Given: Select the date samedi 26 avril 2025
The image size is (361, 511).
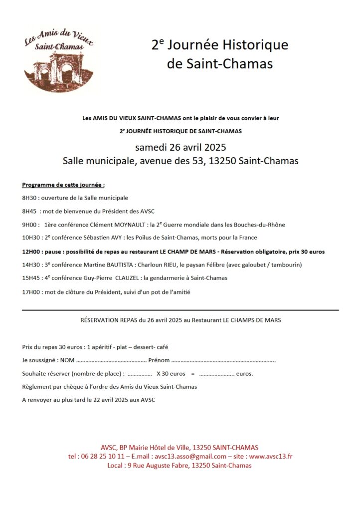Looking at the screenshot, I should [x=180, y=148].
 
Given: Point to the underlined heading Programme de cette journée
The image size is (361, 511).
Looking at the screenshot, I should [x=63, y=185].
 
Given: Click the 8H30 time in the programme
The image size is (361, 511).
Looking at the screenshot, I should [x=29, y=198].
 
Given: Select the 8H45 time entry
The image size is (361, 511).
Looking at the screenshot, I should [x=29, y=211].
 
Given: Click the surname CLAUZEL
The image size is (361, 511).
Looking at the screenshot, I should [x=136, y=278].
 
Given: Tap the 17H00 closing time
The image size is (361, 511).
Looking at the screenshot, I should [x=31, y=292].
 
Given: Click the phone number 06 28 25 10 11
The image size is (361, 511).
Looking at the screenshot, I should [x=104, y=456].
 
